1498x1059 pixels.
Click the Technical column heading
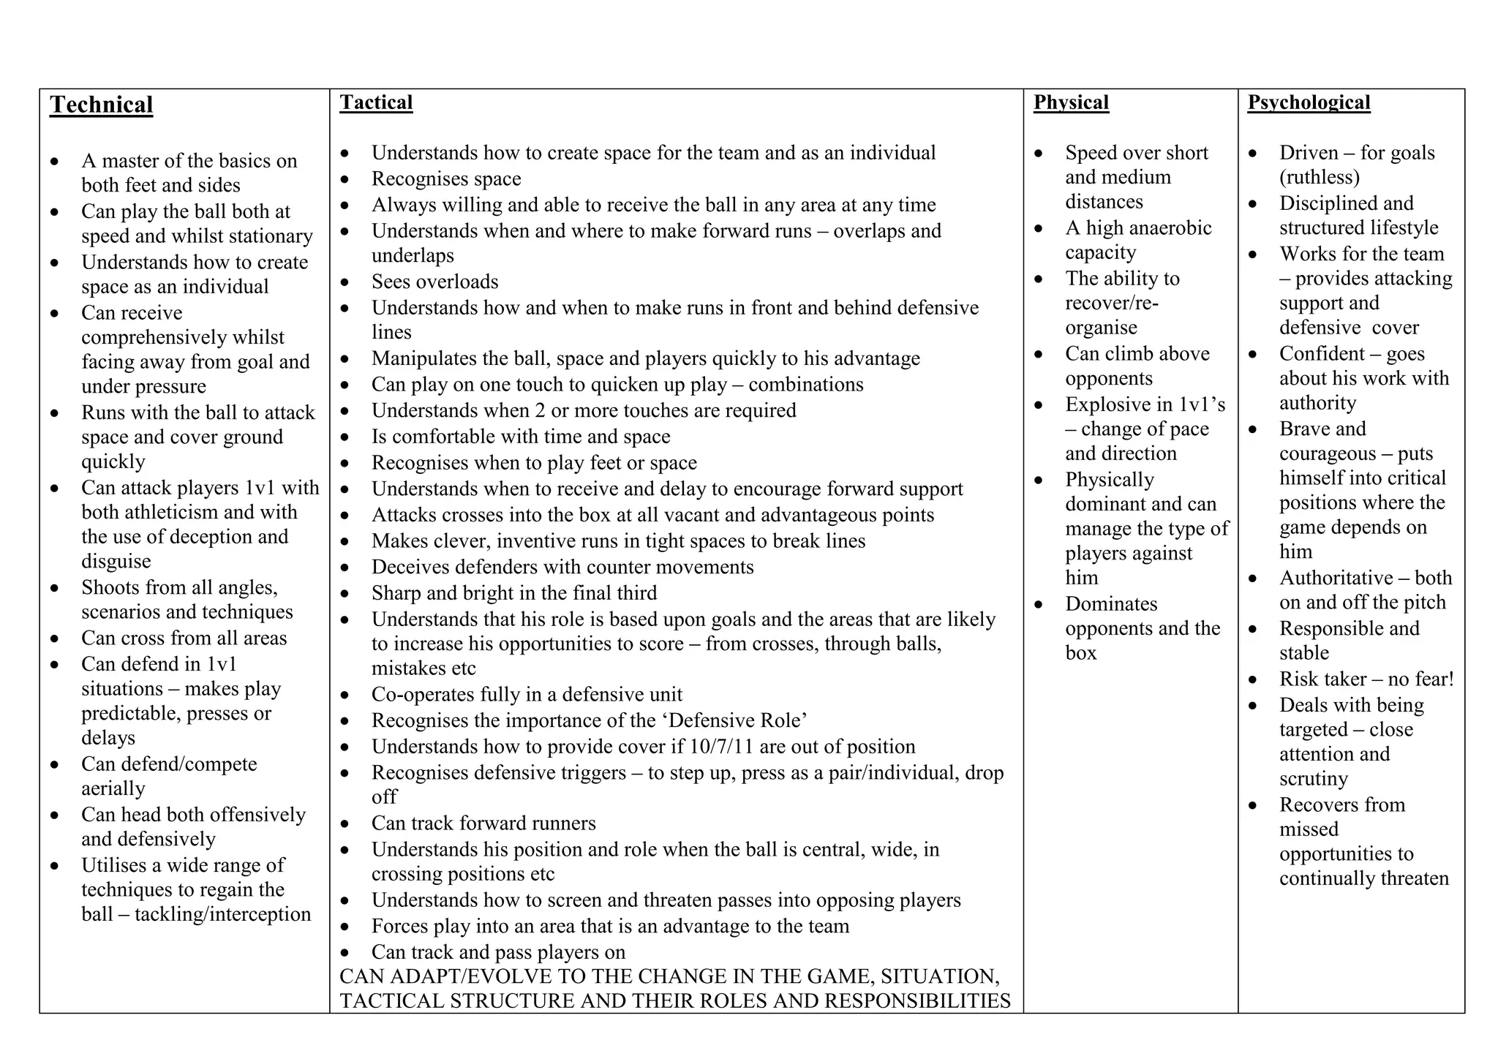(101, 105)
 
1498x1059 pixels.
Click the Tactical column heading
(376, 102)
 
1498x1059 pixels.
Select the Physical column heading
(1071, 102)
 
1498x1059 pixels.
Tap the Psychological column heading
(1309, 102)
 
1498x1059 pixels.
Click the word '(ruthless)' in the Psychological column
(1320, 178)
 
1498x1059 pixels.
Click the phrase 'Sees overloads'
(434, 282)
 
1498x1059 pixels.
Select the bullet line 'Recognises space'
(446, 179)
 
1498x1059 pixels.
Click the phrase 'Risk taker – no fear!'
(1366, 679)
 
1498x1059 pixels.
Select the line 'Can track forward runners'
(483, 824)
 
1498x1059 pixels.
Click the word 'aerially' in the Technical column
(113, 789)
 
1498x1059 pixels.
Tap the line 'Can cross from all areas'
(184, 638)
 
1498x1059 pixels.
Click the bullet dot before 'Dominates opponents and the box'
(1039, 605)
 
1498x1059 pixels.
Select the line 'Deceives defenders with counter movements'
(562, 568)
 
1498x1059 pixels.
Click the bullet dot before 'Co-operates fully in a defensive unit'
(345, 696)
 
